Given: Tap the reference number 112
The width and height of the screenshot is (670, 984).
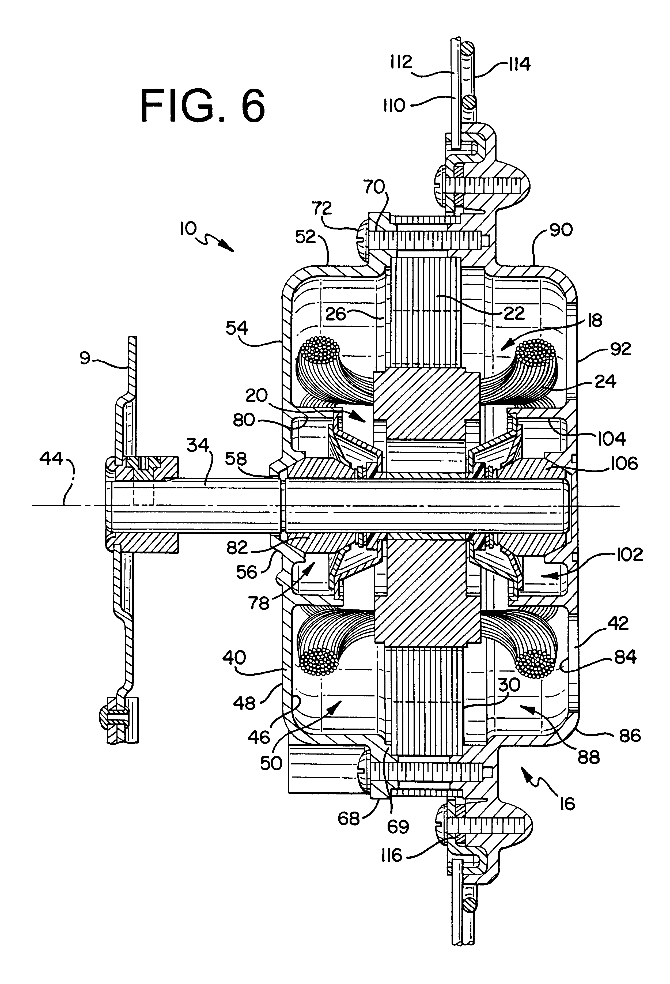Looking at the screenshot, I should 401,62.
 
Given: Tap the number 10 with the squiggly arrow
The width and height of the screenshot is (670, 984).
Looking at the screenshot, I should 188,229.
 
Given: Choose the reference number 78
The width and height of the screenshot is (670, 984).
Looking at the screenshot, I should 259,603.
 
